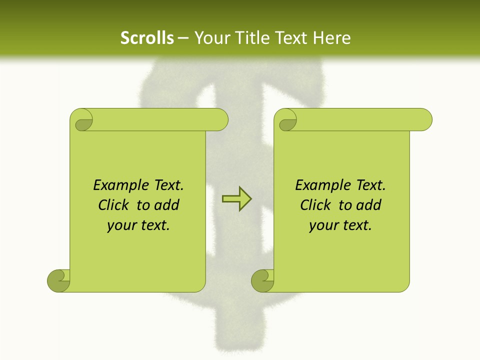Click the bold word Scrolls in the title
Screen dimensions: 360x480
click(x=147, y=38)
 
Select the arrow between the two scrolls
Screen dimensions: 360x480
click(x=236, y=199)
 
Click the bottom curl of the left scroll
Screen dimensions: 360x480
click(x=59, y=280)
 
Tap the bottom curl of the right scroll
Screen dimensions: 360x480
click(x=263, y=280)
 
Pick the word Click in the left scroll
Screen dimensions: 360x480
click(x=114, y=205)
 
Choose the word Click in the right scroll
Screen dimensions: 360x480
click(x=315, y=205)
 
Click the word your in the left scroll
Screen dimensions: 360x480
click(x=121, y=225)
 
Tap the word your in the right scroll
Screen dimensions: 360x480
click(x=323, y=225)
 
